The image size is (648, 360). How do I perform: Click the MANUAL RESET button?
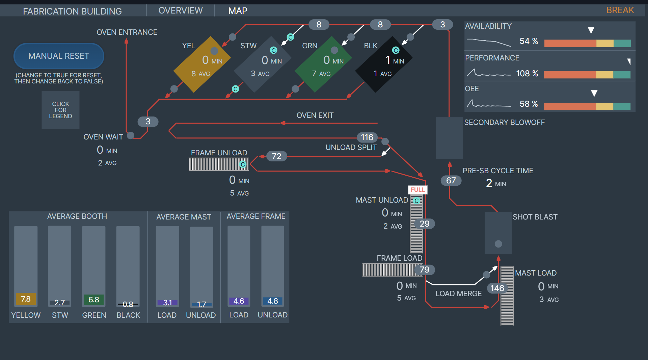tap(59, 56)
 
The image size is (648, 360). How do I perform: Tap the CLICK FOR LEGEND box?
tap(60, 110)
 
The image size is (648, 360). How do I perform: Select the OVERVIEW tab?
tap(181, 10)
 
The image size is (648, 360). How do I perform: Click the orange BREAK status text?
tap(620, 10)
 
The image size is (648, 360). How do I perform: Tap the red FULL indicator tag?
tap(417, 190)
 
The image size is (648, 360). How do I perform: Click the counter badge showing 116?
tap(367, 137)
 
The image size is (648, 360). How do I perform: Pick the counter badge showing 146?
tap(497, 288)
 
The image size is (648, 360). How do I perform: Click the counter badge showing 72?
tap(276, 156)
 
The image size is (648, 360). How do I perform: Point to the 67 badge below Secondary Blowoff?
tap(451, 180)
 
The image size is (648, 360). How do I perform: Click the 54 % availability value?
tap(529, 41)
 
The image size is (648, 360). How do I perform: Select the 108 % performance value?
tap(527, 74)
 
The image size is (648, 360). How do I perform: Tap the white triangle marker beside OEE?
tap(594, 93)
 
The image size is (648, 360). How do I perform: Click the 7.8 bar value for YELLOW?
tap(26, 299)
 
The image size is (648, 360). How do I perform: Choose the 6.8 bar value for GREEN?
tap(94, 300)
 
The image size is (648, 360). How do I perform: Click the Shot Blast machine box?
tap(498, 233)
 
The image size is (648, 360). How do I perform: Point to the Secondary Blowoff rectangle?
tap(449, 138)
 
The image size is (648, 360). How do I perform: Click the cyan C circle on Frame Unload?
tap(243, 164)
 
